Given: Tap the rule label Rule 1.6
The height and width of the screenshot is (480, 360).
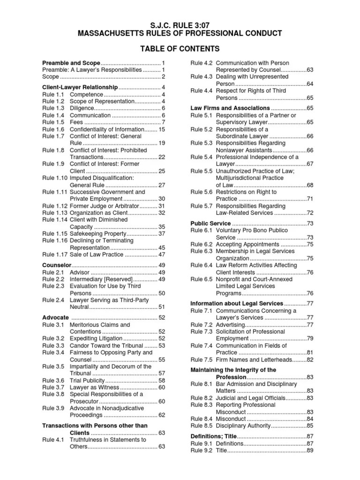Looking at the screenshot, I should [52, 129].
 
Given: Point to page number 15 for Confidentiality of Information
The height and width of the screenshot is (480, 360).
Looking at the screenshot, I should [162, 129].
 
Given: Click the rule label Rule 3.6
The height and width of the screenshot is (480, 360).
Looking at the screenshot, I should [52, 381].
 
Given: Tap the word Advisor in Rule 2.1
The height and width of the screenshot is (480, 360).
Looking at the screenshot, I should [79, 272].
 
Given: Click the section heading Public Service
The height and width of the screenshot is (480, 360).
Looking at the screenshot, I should [210, 224].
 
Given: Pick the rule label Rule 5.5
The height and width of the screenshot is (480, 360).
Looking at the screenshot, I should [201, 171].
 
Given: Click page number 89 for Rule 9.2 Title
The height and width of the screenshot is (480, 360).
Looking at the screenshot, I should [310, 450].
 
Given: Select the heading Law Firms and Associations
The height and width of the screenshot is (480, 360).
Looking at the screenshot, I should [230, 108].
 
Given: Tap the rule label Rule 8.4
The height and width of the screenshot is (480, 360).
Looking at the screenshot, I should [201, 419].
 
